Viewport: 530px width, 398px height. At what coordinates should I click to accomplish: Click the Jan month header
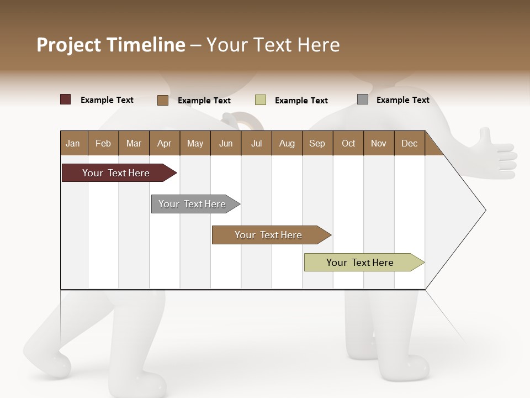(x=73, y=143)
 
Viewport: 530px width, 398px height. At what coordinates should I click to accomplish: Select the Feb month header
(x=103, y=143)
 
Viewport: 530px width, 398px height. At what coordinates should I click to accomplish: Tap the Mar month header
(x=134, y=143)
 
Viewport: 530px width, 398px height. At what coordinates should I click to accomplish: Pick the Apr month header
(x=164, y=143)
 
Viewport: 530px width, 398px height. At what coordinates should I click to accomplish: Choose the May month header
(x=195, y=143)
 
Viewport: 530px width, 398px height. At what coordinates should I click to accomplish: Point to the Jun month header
(x=226, y=143)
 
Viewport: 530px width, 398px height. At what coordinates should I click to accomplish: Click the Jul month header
(x=256, y=143)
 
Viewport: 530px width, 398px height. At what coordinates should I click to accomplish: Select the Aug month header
(x=287, y=143)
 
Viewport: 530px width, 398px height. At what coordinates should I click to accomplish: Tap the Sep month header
(x=317, y=143)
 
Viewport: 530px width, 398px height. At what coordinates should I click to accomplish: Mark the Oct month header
(x=348, y=143)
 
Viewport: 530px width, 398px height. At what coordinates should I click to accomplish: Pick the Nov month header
(x=379, y=143)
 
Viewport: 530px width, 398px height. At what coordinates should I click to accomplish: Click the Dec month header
(x=409, y=143)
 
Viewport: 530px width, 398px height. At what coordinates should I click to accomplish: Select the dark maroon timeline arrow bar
(x=116, y=173)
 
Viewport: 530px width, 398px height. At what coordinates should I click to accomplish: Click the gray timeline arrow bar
(x=193, y=204)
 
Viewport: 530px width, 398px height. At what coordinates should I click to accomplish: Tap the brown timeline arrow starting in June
(x=268, y=235)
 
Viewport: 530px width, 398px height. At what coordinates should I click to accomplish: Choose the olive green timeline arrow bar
(x=361, y=263)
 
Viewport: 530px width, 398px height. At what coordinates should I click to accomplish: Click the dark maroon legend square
(x=66, y=99)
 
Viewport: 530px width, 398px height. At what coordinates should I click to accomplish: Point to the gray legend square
(x=363, y=99)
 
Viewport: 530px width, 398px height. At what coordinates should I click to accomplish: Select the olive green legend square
(x=261, y=100)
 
